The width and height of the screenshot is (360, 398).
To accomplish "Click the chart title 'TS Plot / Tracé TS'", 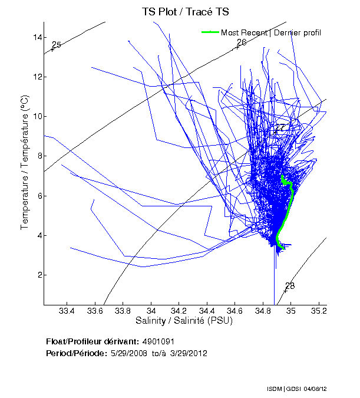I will tap(185, 12).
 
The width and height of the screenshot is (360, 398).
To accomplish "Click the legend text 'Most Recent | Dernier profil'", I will tap(271, 32).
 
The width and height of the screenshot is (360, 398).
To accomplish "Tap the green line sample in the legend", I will tap(210, 32).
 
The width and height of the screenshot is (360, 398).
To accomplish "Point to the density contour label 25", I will tap(57, 45).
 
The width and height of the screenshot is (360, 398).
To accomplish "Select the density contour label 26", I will tap(241, 43).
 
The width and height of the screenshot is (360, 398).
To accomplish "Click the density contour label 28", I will tap(289, 287).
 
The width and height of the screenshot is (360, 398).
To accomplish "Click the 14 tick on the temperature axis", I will tap(37, 37).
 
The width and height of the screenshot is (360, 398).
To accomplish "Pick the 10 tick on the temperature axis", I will tap(37, 116).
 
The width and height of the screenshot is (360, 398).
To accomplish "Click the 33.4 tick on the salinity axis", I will tap(67, 311).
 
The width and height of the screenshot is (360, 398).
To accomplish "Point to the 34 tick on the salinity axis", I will tap(151, 311).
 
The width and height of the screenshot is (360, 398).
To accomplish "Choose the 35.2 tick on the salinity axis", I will tap(319, 311).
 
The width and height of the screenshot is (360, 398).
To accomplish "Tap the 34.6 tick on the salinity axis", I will tap(235, 311).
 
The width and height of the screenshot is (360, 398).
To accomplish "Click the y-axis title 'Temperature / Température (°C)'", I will tap(25, 163).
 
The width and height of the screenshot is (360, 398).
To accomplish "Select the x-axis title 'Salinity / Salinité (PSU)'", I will tap(184, 321).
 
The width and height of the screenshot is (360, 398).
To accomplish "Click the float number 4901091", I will tap(158, 342).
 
